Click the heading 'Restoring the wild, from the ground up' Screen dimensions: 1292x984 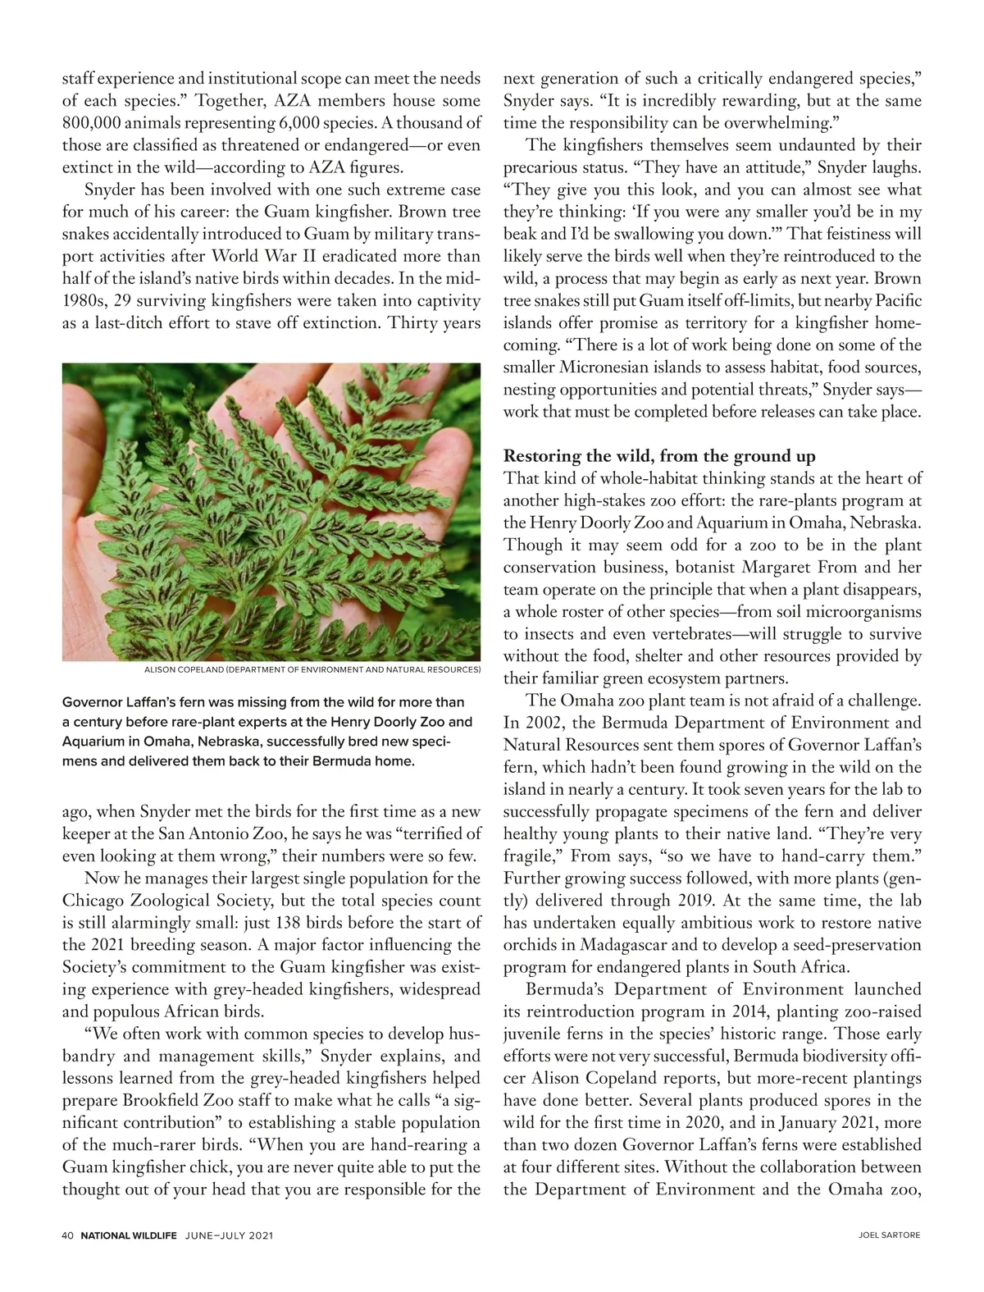pos(659,456)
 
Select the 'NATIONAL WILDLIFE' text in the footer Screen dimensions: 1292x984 pos(129,1235)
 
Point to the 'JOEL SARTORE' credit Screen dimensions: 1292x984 pos(892,1235)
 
